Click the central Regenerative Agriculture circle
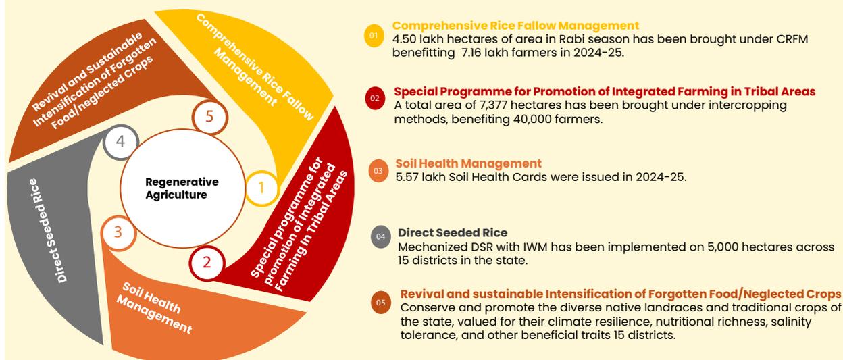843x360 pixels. coord(182,188)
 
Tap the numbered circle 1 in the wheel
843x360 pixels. coord(262,188)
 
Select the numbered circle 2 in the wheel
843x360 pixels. coord(207,263)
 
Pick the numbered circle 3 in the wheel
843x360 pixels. coord(118,232)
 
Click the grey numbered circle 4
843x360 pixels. coord(120,142)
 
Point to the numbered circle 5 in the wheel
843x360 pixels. coord(209,117)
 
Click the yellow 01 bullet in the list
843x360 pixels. coord(374,36)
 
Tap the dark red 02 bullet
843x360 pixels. coord(375,98)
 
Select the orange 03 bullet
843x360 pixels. coord(378,171)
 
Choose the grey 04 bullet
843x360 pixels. coord(380,237)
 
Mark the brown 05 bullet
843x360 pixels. coord(381,303)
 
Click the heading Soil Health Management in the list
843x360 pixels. coord(468,163)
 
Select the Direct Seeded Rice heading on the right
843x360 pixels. coord(453,233)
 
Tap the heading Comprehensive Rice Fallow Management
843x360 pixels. coord(515,26)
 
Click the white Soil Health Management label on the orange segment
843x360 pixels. coord(154,308)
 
